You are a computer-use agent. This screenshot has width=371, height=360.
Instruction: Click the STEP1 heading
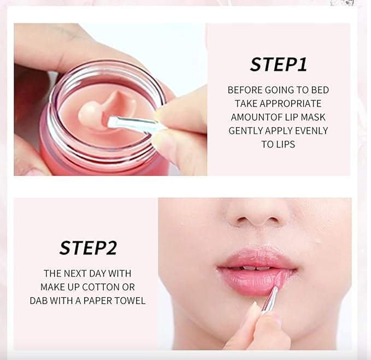[278, 64]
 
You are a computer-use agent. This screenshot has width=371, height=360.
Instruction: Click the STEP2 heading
[88, 247]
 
